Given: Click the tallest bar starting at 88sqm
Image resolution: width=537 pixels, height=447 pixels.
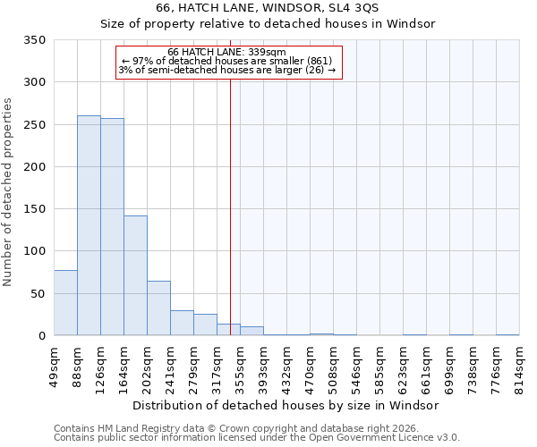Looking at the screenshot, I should tap(89, 225).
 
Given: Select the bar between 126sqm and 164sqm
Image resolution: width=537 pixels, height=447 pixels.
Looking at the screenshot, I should tap(112, 227).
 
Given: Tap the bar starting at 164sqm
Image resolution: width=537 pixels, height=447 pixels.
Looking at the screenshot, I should tap(135, 275).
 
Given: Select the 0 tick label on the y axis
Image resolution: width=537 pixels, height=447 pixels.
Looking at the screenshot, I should tap(42, 336).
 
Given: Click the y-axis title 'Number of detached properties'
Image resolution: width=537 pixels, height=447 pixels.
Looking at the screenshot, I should tap(9, 192).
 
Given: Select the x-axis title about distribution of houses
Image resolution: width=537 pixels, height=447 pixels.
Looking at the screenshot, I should tap(292, 405).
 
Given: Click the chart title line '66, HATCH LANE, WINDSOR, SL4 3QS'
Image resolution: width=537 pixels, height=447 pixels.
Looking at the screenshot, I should tap(267, 7).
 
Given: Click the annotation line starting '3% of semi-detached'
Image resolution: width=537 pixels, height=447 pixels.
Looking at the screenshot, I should tap(227, 70).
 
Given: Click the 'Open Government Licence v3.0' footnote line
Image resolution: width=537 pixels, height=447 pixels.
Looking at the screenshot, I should tap(257, 437).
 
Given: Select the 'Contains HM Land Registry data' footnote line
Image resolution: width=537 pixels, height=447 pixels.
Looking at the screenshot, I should tap(257, 428).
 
